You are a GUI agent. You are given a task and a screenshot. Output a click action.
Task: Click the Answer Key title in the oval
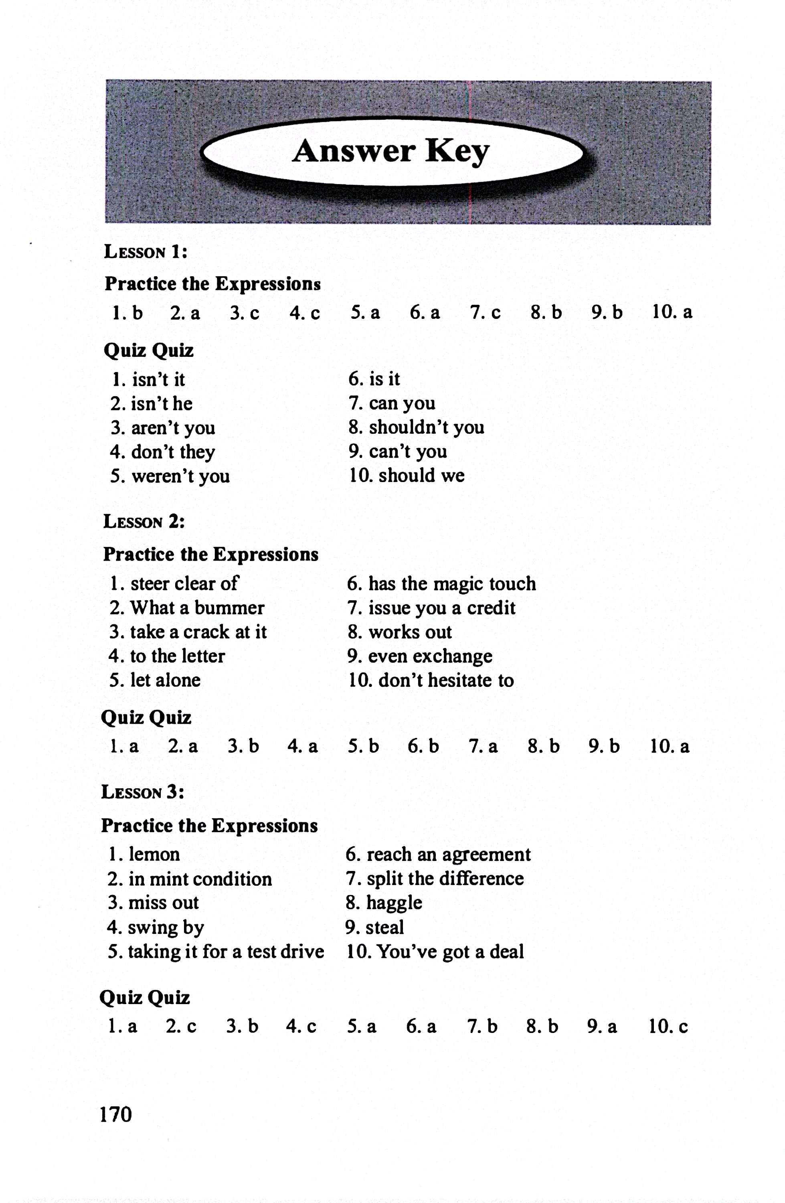pos(391,151)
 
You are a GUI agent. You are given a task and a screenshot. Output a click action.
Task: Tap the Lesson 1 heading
pos(146,252)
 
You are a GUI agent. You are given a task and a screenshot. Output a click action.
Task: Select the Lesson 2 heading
pos(144,522)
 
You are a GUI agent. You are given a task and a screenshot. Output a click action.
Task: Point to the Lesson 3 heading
pos(143,792)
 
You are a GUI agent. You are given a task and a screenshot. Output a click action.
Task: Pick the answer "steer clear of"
pos(184,584)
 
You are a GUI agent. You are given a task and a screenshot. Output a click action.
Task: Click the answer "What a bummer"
pos(197,608)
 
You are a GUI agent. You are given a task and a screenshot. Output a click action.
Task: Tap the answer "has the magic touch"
pos(451,584)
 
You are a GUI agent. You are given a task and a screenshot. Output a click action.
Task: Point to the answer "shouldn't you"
pos(426,427)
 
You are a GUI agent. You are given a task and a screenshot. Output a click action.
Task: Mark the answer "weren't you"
pos(180,476)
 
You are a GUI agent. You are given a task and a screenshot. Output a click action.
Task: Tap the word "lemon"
pos(154,854)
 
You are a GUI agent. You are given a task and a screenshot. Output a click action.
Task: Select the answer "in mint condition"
pos(200,879)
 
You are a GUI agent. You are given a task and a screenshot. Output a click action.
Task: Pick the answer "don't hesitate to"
pos(446,680)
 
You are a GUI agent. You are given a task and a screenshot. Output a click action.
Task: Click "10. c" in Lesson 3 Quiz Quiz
pos(668,1027)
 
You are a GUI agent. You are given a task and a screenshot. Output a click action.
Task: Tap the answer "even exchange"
pos(430,656)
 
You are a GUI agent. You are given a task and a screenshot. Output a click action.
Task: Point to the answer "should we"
pos(421,476)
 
